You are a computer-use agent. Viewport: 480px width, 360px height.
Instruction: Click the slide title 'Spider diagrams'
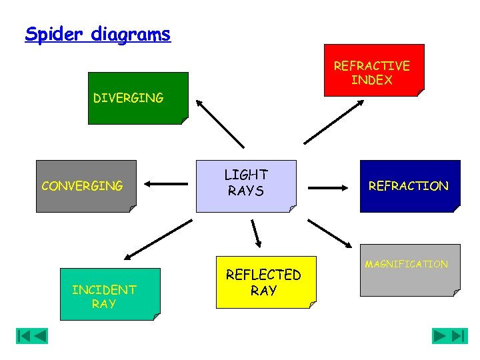pos(97,34)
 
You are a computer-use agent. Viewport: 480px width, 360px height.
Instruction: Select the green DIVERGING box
pos(137,98)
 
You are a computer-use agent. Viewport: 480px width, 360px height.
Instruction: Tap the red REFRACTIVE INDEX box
pos(373,71)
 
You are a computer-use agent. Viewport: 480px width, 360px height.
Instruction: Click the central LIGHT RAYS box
pos(245,185)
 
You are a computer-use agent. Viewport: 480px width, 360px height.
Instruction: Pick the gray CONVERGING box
pos(85,186)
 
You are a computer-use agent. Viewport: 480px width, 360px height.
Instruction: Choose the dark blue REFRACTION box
pos(409,186)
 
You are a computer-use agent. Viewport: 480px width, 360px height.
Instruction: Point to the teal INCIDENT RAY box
pos(109,294)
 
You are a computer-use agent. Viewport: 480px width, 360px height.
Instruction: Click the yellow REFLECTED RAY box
pos(265,282)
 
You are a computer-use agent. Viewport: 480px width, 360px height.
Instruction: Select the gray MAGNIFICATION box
pos(409,269)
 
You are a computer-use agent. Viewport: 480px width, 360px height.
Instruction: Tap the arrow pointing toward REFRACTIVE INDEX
pos(333,121)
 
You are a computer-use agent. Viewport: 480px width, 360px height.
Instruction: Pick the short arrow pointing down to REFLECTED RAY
pos(257,233)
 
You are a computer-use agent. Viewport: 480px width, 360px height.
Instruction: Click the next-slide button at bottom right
pos(440,336)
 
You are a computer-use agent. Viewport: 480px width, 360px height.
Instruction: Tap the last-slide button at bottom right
pos(460,336)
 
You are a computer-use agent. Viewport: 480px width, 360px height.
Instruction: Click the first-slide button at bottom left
pos(23,336)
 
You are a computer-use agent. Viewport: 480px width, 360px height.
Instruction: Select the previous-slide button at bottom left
pos(40,336)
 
